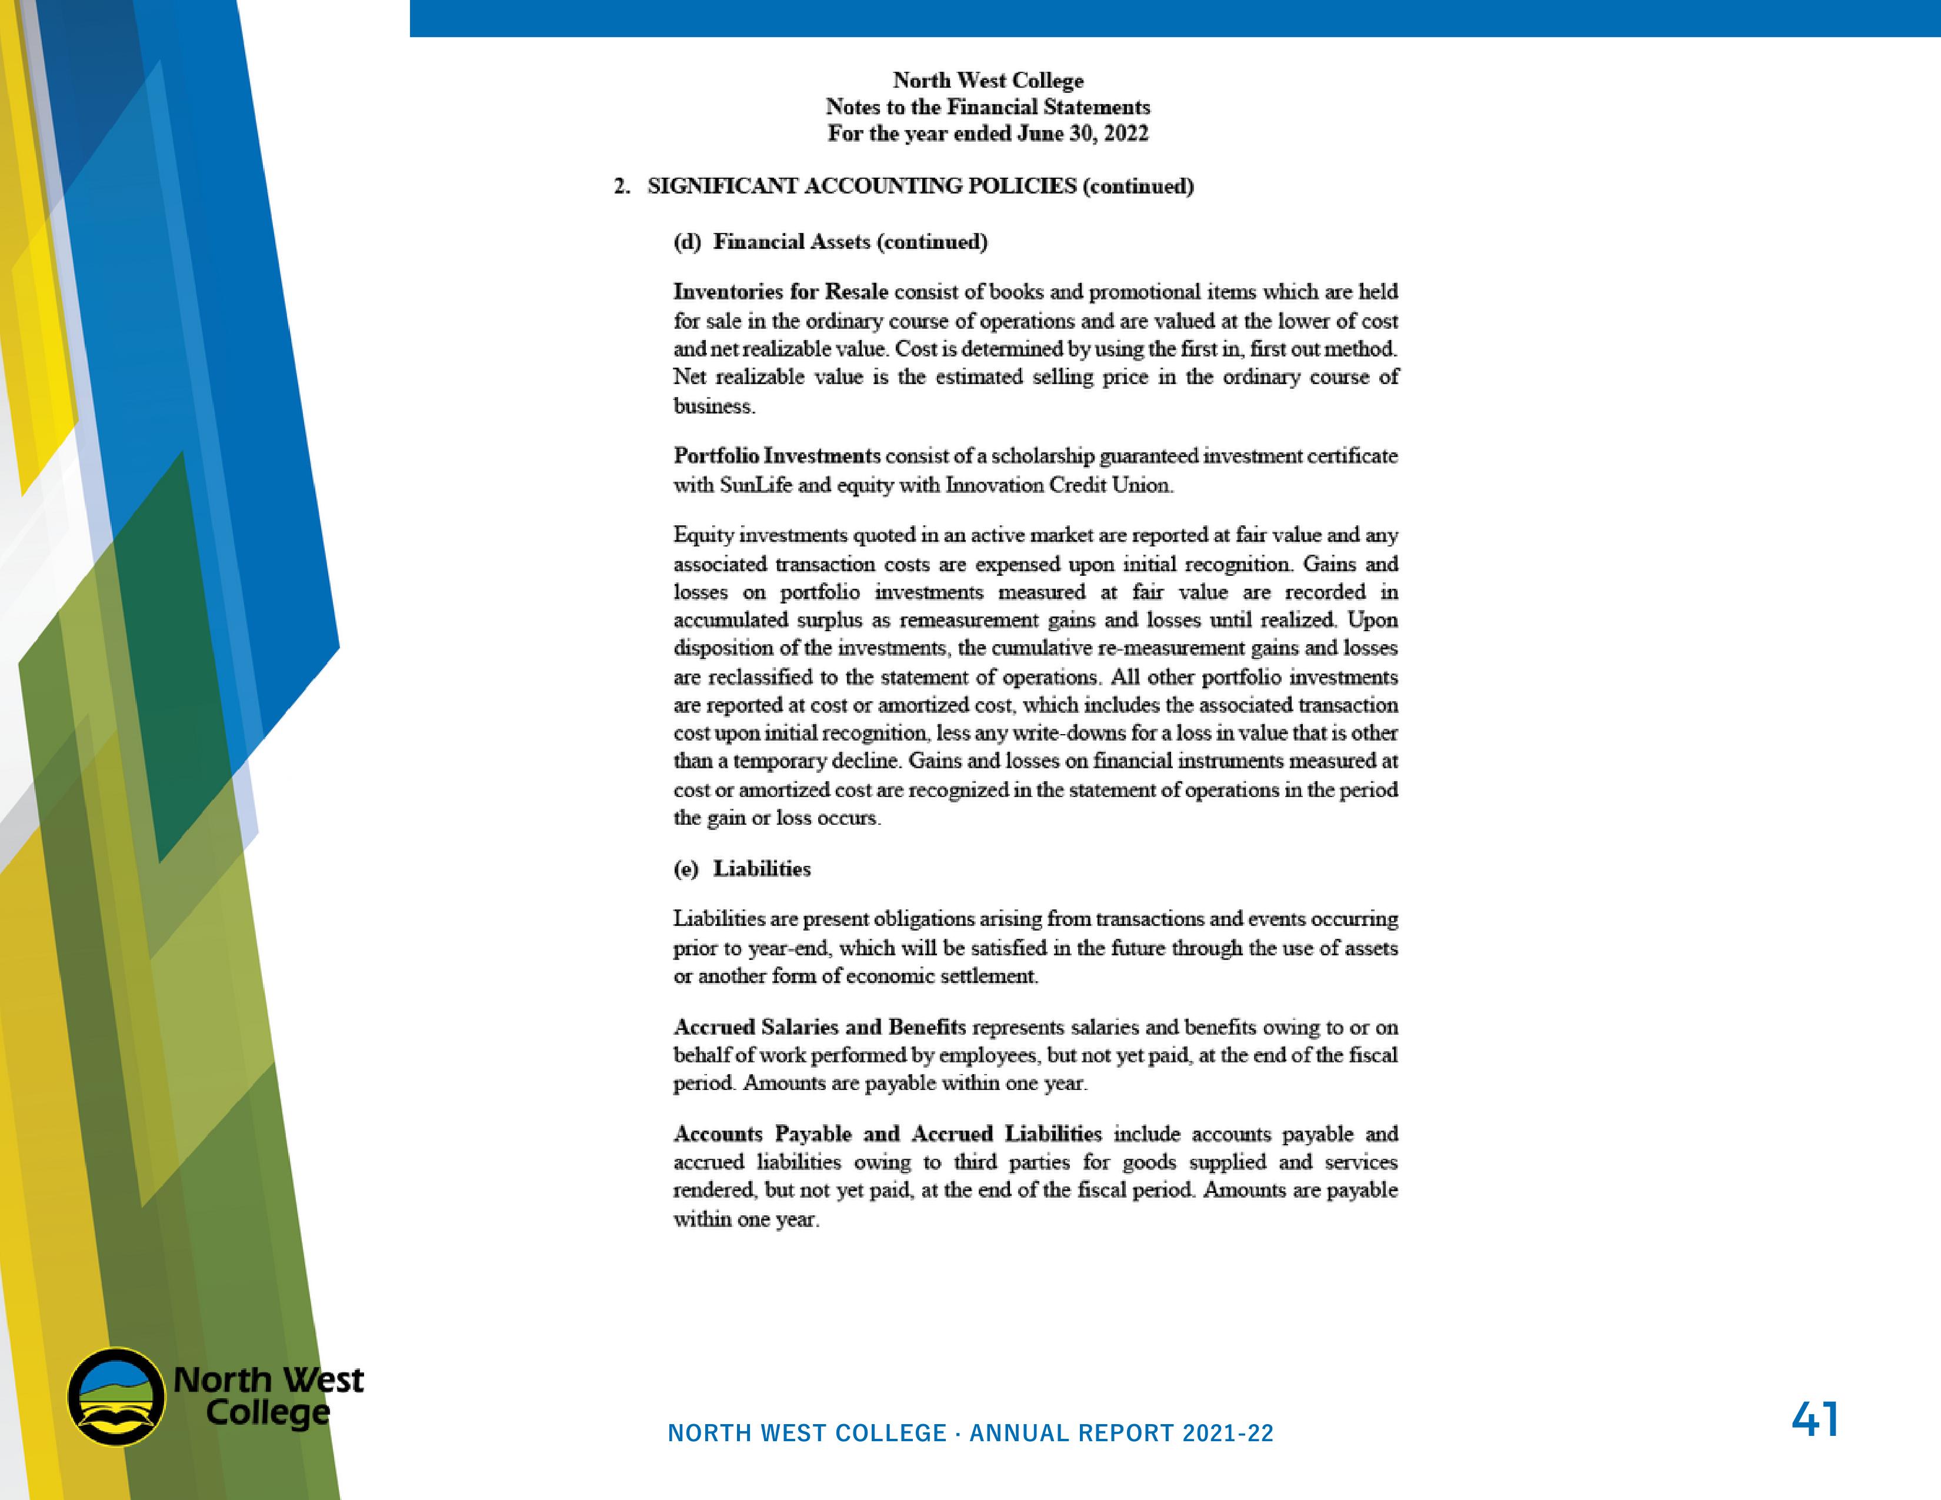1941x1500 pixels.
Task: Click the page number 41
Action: pyautogui.click(x=1814, y=1419)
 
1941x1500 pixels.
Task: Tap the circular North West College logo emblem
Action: pyautogui.click(x=116, y=1398)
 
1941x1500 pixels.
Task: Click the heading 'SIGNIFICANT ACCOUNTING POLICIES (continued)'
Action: pyautogui.click(x=920, y=186)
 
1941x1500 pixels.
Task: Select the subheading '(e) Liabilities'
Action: pyautogui.click(x=742, y=868)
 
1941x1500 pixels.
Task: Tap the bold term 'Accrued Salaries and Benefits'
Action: pyautogui.click(x=819, y=1027)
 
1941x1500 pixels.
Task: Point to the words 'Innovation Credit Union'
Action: pyautogui.click(x=1059, y=485)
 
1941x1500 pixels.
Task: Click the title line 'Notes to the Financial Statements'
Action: pyautogui.click(x=988, y=106)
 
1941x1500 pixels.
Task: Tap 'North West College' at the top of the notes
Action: pyautogui.click(x=988, y=80)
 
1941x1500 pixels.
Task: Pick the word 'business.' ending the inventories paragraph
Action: pyautogui.click(x=713, y=406)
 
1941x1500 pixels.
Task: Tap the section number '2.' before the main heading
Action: pyautogui.click(x=622, y=186)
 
